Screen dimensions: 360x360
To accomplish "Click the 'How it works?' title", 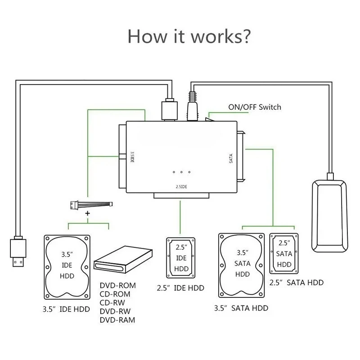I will pyautogui.click(x=189, y=36).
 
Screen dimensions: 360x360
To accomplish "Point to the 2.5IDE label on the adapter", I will pyautogui.click(x=181, y=186).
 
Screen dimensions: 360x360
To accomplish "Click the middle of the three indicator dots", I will pyautogui.click(x=181, y=172).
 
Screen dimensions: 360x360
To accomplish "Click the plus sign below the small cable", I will pyautogui.click(x=88, y=213).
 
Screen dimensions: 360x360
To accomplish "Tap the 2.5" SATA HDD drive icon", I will pyautogui.click(x=284, y=254).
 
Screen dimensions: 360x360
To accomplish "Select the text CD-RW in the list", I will pyautogui.click(x=113, y=303).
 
